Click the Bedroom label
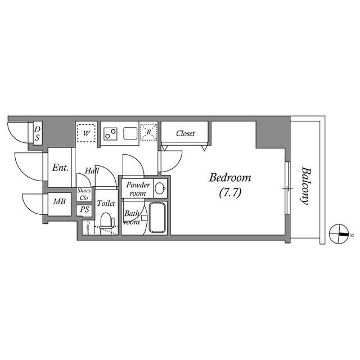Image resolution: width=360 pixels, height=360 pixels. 230,178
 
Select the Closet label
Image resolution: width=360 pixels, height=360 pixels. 185,133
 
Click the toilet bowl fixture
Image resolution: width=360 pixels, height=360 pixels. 107,222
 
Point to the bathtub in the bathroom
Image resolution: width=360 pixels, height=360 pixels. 157,217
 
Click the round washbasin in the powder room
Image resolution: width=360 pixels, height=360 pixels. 160,188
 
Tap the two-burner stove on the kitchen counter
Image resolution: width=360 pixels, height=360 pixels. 110,133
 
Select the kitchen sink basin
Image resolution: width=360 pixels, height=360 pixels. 130,133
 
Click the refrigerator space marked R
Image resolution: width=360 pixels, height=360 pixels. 148,132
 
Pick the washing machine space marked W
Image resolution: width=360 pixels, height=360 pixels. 86,133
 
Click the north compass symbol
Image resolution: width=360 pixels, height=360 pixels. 339,234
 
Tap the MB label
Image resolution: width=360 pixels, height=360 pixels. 59,201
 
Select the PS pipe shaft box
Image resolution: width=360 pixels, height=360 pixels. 84,210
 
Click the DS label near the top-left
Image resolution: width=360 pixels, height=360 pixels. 37,133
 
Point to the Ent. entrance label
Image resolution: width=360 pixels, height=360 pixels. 60,168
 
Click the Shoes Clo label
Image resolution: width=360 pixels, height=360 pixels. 84,194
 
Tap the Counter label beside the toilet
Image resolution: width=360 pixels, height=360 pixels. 88,228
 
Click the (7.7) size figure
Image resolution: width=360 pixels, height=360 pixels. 230,192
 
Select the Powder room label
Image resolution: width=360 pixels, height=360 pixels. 138,189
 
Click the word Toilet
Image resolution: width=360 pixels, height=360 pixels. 106,203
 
